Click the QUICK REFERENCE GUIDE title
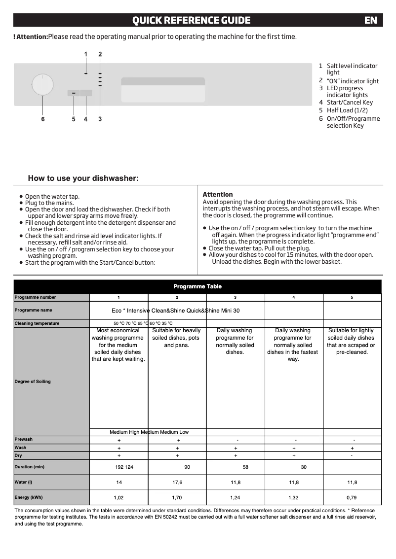coord(191,20)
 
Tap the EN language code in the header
coord(370,20)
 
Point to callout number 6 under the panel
coord(42,119)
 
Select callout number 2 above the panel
coord(100,54)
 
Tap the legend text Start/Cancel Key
coord(350,103)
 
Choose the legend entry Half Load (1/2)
coord(347,110)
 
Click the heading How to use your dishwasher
coord(83,178)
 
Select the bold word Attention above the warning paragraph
coord(217,195)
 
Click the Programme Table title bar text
coord(198,286)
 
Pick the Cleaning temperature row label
coord(37,323)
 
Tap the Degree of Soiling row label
coord(33,382)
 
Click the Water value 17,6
coord(177,483)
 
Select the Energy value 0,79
coord(352,497)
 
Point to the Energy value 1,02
coord(119,497)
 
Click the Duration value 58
coord(245,467)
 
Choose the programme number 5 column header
coord(352,297)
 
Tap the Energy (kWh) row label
coord(29,497)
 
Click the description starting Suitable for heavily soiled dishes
coord(177,338)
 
